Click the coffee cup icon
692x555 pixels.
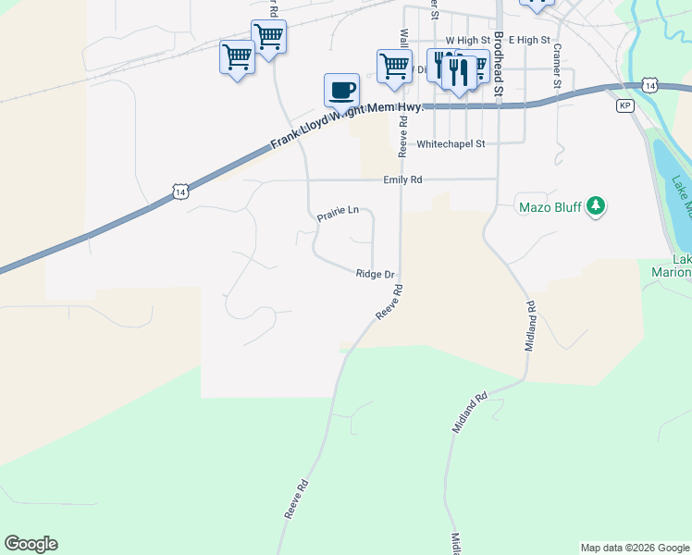[341, 91]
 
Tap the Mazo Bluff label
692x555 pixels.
[550, 206]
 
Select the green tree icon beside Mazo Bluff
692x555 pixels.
[597, 205]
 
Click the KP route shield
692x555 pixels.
[625, 106]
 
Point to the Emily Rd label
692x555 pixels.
[403, 180]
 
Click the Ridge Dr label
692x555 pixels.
[376, 274]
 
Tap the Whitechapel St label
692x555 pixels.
[451, 144]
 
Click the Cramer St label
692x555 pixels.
[558, 67]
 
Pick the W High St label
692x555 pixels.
[467, 41]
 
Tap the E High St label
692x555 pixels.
[529, 41]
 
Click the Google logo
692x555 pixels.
[31, 544]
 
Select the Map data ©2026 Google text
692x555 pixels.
[635, 548]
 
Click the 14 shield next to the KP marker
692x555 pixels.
[651, 86]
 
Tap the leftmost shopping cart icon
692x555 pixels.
[237, 56]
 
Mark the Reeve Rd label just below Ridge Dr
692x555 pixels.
[389, 302]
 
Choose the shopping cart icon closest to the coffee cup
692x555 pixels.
[394, 66]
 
